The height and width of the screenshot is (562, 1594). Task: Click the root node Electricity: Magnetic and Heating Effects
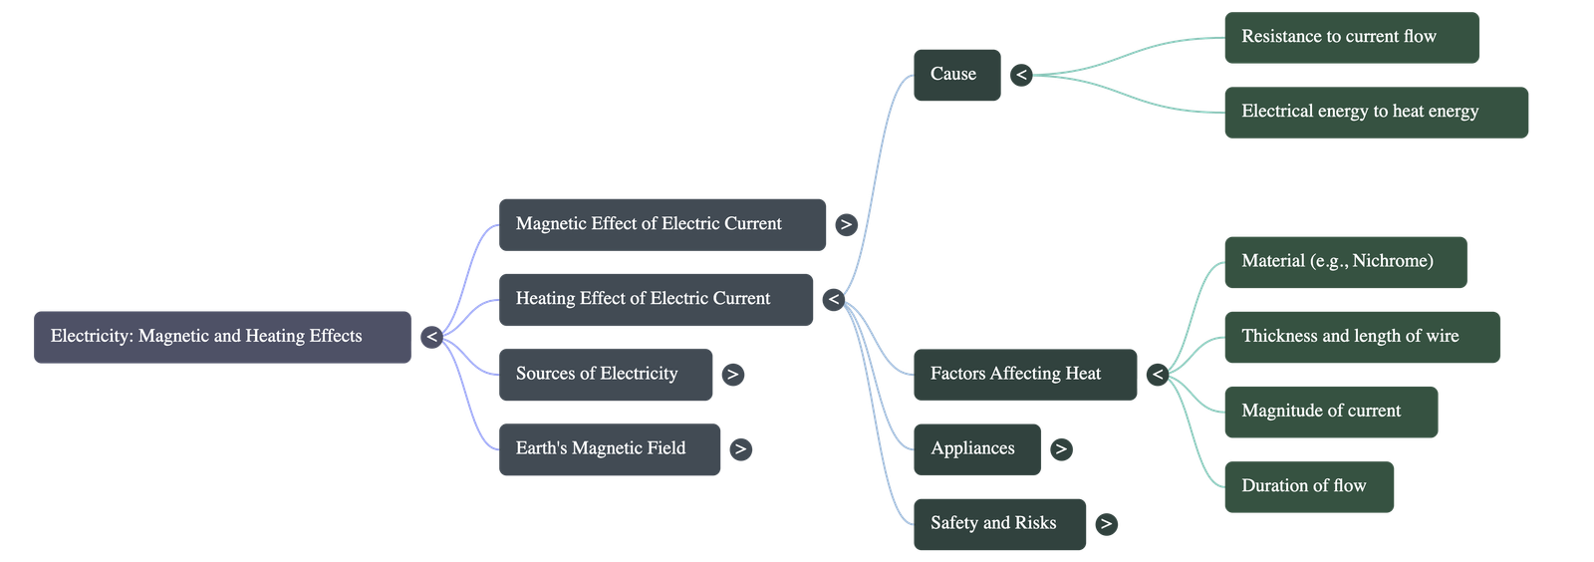pyautogui.click(x=222, y=337)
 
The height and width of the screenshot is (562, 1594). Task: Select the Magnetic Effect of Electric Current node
pyautogui.click(x=663, y=224)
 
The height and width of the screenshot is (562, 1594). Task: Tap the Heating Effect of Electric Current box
pyautogui.click(x=656, y=299)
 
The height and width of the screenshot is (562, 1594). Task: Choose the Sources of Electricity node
pyautogui.click(x=606, y=374)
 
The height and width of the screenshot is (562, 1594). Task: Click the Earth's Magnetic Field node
pyautogui.click(x=610, y=448)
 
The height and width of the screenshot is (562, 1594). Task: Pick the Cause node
pyautogui.click(x=956, y=74)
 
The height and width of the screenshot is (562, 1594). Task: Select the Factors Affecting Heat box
pyautogui.click(x=1024, y=374)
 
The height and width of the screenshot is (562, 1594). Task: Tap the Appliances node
pyautogui.click(x=976, y=448)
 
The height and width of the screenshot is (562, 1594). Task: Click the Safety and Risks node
pyautogui.click(x=999, y=523)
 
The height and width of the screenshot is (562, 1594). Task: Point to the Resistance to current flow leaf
pyautogui.click(x=1351, y=37)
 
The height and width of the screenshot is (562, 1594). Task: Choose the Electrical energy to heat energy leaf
pyautogui.click(x=1376, y=112)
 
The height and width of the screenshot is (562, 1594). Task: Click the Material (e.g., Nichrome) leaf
pyautogui.click(x=1345, y=261)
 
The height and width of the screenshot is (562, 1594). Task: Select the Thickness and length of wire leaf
pyautogui.click(x=1361, y=336)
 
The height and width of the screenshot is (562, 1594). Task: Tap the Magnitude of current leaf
pyautogui.click(x=1330, y=411)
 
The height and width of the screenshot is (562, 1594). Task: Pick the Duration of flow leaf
pyautogui.click(x=1308, y=486)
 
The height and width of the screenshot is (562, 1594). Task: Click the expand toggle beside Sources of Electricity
pyautogui.click(x=732, y=375)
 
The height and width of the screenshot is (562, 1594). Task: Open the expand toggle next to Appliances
pyautogui.click(x=1061, y=449)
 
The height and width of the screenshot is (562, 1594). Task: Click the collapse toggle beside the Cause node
pyautogui.click(x=1021, y=75)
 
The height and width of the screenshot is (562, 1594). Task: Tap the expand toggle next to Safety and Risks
pyautogui.click(x=1105, y=524)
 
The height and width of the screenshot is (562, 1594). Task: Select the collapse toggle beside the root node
pyautogui.click(x=431, y=338)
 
